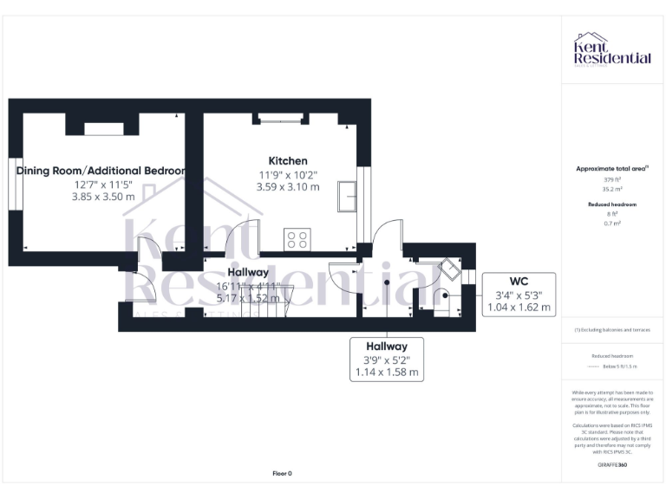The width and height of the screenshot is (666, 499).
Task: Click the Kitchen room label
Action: [x=287, y=161]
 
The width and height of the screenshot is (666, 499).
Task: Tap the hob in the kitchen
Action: [x=297, y=238]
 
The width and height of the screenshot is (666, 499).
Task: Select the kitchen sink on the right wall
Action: [x=349, y=196]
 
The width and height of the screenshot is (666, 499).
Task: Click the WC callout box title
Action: [x=518, y=280]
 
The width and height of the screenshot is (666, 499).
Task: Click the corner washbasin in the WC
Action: [x=450, y=269]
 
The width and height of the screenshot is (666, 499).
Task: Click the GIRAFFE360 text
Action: [x=612, y=465]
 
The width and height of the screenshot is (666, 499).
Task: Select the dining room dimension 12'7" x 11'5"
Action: [x=102, y=185]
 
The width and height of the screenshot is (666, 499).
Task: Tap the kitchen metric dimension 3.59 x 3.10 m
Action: [x=287, y=186]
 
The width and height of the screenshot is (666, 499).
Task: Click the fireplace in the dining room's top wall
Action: [x=103, y=129]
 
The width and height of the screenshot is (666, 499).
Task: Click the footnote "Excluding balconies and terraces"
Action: [x=612, y=330]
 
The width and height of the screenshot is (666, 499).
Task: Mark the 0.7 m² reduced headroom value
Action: [x=613, y=224]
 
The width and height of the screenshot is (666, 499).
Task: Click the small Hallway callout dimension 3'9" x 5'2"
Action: [x=386, y=360]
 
